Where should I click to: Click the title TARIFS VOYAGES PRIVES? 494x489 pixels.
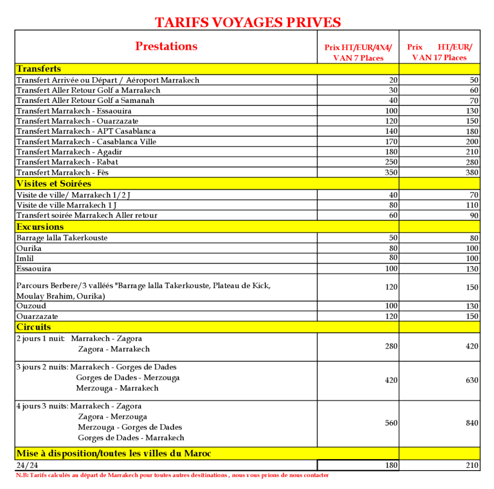pyautogui.click(x=247, y=22)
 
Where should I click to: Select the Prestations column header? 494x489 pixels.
pyautogui.click(x=166, y=46)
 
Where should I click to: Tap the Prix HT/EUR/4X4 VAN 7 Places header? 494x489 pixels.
pyautogui.click(x=358, y=53)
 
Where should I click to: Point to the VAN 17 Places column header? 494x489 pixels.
pyautogui.click(x=439, y=52)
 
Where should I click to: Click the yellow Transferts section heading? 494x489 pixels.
pyautogui.click(x=39, y=69)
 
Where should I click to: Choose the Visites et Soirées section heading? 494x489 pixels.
pyautogui.click(x=54, y=184)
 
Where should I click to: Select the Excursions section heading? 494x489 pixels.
pyautogui.click(x=40, y=227)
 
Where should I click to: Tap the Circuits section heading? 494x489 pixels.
pyautogui.click(x=34, y=327)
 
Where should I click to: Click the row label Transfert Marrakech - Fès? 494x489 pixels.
pyautogui.click(x=62, y=172)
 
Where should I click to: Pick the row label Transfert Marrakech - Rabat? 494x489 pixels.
pyautogui.click(x=67, y=162)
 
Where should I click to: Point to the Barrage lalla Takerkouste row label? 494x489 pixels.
pyautogui.click(x=62, y=238)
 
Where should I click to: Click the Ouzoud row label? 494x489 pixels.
pyautogui.click(x=31, y=306)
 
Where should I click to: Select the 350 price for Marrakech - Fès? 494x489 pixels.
pyautogui.click(x=391, y=172)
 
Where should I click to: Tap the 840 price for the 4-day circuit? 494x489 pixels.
pyautogui.click(x=472, y=423)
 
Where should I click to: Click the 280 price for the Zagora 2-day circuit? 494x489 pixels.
pyautogui.click(x=391, y=346)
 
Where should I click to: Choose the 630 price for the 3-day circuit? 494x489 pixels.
pyautogui.click(x=472, y=380)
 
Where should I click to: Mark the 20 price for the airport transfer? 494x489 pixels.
pyautogui.click(x=393, y=80)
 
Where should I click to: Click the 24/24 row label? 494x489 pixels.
pyautogui.click(x=27, y=465)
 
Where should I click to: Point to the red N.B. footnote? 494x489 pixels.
pyautogui.click(x=172, y=475)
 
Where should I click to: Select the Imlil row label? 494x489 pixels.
pyautogui.click(x=25, y=258)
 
